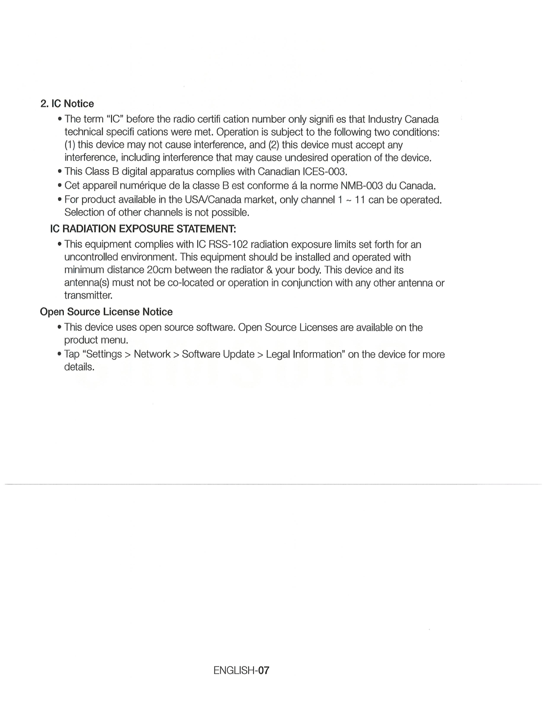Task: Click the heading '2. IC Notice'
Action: coord(67,104)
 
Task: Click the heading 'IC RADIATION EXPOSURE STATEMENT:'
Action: coord(143,229)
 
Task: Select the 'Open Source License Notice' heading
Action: coord(106,311)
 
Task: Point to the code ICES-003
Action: coord(324,172)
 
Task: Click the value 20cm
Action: coord(159,270)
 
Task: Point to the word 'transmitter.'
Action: coord(88,295)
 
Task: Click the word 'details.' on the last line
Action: coord(79,367)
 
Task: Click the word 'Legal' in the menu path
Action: coord(278,354)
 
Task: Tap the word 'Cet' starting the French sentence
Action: coord(72,186)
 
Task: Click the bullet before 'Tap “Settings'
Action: coord(59,355)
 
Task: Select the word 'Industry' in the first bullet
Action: coord(384,119)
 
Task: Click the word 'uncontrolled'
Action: coord(91,257)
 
